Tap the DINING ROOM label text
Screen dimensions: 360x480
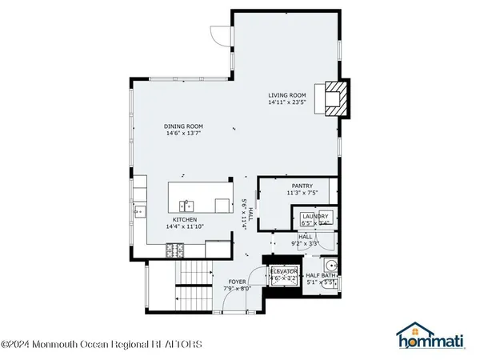click(x=183, y=126)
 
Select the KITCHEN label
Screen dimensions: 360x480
click(x=186, y=219)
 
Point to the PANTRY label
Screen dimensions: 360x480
click(x=302, y=186)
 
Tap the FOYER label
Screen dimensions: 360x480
click(x=237, y=282)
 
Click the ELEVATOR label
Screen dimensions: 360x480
click(x=284, y=272)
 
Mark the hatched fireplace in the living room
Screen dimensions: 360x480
click(x=334, y=98)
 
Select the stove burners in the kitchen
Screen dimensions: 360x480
click(x=175, y=251)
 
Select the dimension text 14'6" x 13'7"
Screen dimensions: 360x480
click(x=183, y=133)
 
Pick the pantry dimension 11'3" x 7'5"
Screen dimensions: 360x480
click(x=302, y=193)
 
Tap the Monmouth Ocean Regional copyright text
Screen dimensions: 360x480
click(x=102, y=345)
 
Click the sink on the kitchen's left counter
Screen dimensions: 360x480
click(x=140, y=211)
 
